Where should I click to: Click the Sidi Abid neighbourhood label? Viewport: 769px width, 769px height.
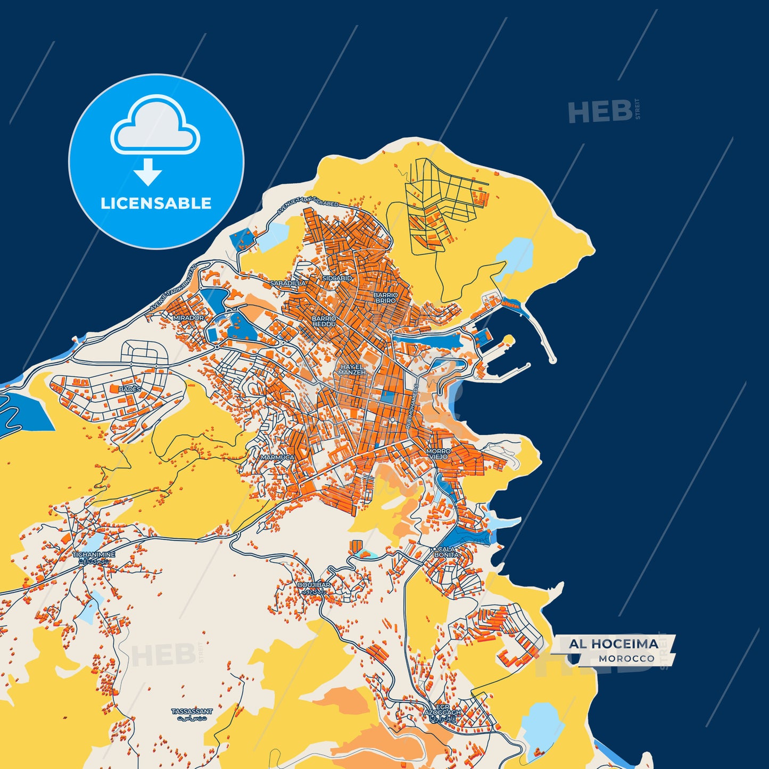point(337,278)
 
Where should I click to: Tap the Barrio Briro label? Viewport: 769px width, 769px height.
point(385,297)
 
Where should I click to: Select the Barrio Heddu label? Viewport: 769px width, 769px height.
point(324,321)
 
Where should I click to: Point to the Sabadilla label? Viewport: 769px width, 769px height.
point(288,284)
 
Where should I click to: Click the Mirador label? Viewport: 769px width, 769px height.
point(188,318)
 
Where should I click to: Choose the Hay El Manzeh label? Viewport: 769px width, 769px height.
point(352,369)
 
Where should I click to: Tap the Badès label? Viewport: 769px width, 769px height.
point(130,389)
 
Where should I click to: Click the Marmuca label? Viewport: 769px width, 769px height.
point(277,457)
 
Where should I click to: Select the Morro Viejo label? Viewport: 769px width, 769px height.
point(438,453)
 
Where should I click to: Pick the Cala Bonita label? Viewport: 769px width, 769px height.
point(446,552)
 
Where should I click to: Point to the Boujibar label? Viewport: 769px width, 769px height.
point(314,585)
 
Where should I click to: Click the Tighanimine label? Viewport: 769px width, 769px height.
point(94,555)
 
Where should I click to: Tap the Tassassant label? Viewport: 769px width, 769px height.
point(192,712)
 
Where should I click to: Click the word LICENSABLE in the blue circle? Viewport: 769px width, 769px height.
point(156,203)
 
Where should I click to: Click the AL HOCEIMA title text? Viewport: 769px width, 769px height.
point(614,644)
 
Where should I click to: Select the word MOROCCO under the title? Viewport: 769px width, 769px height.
point(626,659)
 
